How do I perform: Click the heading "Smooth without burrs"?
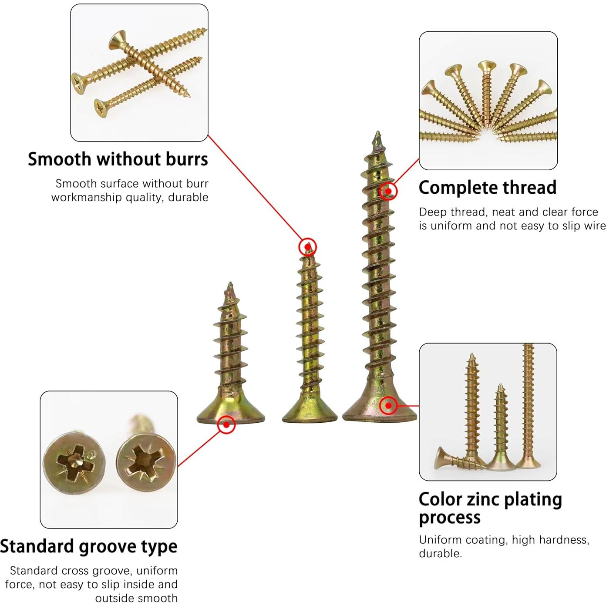point(118,159)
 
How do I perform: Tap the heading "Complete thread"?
point(488,188)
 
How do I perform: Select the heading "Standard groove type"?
point(89,546)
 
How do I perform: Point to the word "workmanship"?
point(87,198)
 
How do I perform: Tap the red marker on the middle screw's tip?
point(307,247)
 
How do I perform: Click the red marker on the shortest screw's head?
point(226,424)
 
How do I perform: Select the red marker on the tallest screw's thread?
point(388,191)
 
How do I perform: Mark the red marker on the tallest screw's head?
point(388,406)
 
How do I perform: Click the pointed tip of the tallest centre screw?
point(378,132)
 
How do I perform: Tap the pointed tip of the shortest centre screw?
point(230,283)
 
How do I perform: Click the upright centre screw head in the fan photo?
point(487,67)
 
